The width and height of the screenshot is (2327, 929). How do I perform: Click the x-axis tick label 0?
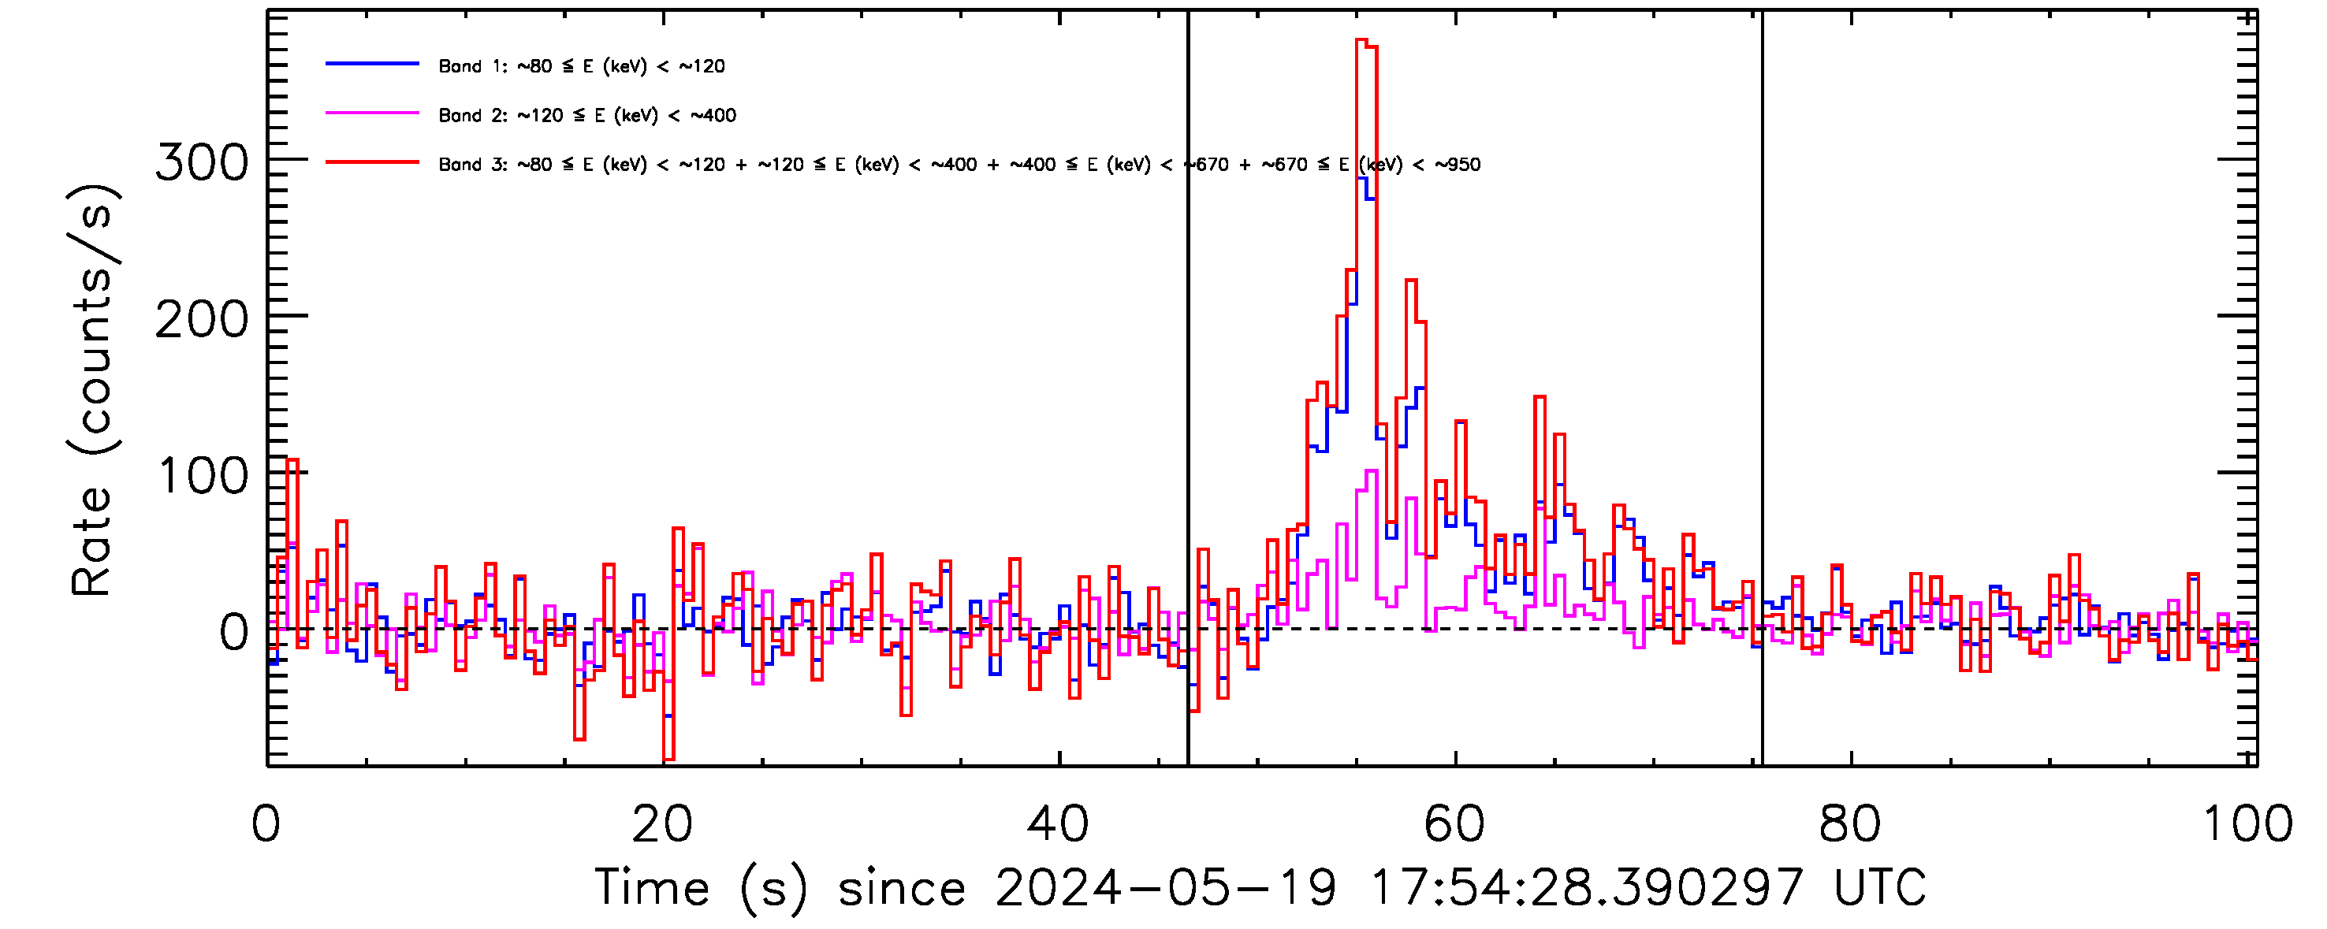[266, 824]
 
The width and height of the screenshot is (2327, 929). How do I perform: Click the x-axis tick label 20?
[662, 824]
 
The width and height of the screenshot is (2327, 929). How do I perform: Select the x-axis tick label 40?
[1058, 824]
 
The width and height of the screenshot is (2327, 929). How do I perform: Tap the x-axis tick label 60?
[1454, 824]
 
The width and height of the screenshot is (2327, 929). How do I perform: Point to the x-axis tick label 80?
[1850, 824]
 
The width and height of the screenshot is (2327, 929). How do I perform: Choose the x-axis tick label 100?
[2247, 824]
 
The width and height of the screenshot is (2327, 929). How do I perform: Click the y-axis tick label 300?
[202, 163]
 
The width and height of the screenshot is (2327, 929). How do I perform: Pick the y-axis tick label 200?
[202, 321]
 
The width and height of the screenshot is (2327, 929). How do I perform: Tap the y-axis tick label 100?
[203, 477]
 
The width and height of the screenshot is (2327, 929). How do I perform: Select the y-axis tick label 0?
[234, 633]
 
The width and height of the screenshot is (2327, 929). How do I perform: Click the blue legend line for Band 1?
[372, 64]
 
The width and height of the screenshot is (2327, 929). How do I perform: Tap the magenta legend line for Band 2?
[372, 113]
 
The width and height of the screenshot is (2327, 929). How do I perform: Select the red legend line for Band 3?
[372, 162]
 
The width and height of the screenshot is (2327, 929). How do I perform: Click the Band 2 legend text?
[587, 116]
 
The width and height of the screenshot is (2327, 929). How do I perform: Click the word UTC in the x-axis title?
[1879, 887]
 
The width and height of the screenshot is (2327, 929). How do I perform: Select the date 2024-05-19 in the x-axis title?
[1165, 887]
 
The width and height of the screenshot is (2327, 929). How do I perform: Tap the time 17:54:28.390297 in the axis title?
[1586, 887]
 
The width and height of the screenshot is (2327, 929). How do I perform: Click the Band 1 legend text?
[582, 66]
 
